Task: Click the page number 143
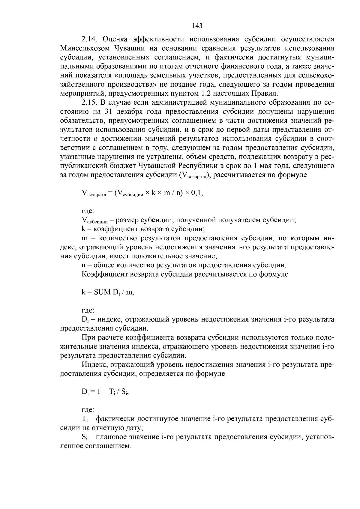(x=197, y=26)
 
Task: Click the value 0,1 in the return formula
(x=197, y=193)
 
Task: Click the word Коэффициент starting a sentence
(x=102, y=274)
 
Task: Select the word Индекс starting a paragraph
(x=94, y=365)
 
